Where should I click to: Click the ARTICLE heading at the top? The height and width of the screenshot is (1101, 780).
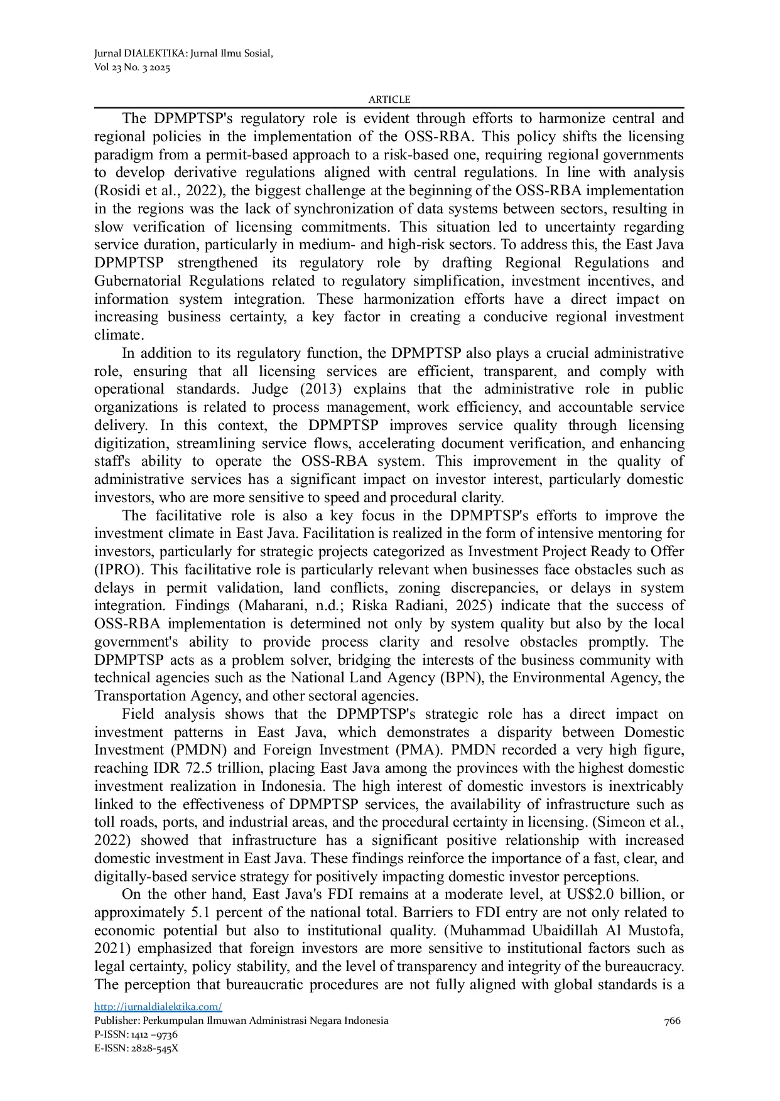(x=389, y=100)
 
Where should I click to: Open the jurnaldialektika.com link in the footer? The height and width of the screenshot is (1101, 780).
(x=158, y=1007)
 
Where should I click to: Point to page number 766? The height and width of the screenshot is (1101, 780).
(x=672, y=1021)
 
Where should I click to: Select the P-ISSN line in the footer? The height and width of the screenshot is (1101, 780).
(x=136, y=1034)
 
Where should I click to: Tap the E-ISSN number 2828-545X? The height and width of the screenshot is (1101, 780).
(x=154, y=1048)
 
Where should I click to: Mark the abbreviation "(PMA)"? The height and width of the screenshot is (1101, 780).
(x=420, y=750)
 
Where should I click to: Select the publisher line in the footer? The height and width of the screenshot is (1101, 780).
(x=241, y=1021)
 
